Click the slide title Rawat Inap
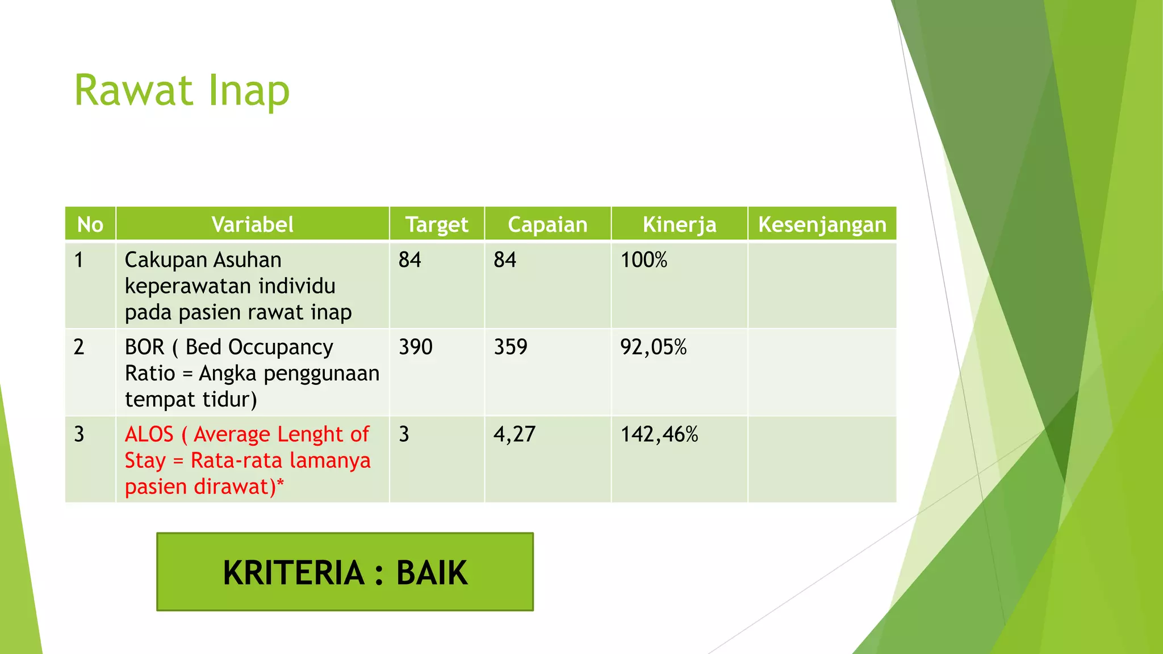(182, 91)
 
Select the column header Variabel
(252, 225)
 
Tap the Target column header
(437, 225)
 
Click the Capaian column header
(547, 225)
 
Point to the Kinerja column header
(679, 225)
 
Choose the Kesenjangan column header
(822, 225)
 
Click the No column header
(90, 225)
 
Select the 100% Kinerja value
(643, 260)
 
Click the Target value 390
(415, 347)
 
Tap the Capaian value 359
(510, 347)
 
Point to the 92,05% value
(653, 347)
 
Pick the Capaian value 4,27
(514, 434)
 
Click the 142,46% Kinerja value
(659, 434)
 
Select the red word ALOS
(149, 434)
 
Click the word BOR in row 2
(144, 347)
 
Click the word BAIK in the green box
(432, 572)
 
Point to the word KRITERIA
(293, 572)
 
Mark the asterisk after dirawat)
(280, 484)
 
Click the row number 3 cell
(79, 434)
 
